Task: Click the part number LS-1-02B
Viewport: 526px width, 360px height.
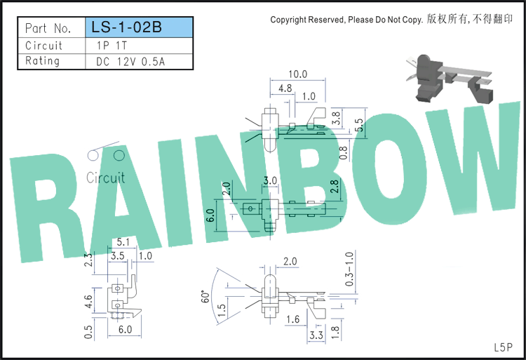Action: click(x=126, y=27)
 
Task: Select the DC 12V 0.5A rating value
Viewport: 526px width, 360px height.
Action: click(x=130, y=62)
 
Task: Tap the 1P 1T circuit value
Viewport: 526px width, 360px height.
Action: click(x=112, y=46)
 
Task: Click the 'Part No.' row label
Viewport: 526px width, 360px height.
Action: click(x=48, y=28)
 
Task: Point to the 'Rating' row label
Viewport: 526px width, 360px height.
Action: click(x=42, y=61)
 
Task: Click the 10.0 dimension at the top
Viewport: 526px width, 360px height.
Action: click(x=298, y=74)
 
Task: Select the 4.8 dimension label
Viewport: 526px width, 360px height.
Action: click(x=285, y=88)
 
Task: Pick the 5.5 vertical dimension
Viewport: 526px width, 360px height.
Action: click(x=359, y=125)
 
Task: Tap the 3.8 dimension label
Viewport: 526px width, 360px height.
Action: click(x=336, y=118)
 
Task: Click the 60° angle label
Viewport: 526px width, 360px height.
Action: click(x=205, y=296)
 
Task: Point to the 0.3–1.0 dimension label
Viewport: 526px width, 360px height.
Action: click(x=349, y=269)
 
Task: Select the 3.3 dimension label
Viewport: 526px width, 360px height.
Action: click(x=316, y=335)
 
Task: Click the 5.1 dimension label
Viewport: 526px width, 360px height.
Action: click(x=123, y=241)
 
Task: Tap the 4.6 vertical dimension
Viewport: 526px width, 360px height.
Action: click(x=88, y=302)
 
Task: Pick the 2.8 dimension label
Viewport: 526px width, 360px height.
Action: click(x=335, y=187)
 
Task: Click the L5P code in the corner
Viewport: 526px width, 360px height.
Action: click(x=503, y=347)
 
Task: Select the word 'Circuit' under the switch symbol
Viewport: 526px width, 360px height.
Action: click(x=106, y=178)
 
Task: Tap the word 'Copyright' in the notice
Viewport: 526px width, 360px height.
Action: click(x=288, y=20)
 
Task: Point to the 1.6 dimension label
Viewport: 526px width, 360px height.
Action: click(x=293, y=319)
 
